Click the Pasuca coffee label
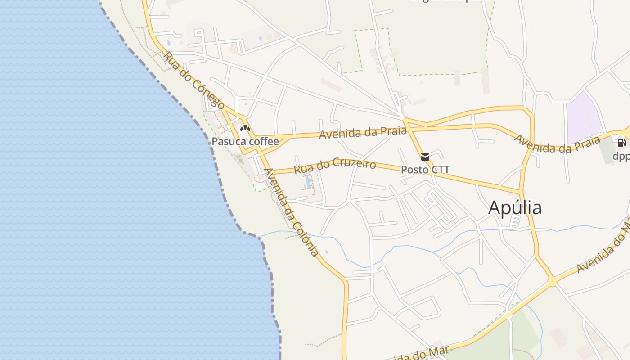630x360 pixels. click(x=245, y=141)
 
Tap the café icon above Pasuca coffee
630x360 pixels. click(x=245, y=128)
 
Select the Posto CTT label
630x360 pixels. click(x=425, y=170)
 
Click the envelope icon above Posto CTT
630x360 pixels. click(x=425, y=157)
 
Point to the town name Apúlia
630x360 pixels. click(x=515, y=208)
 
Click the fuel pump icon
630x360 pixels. click(x=621, y=143)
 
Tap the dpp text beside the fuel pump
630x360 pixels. click(x=621, y=156)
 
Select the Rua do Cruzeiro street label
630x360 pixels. click(x=335, y=165)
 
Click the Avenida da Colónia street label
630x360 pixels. click(x=292, y=212)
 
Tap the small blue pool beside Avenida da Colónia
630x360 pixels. click(x=308, y=182)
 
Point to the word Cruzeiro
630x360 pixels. click(x=355, y=163)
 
